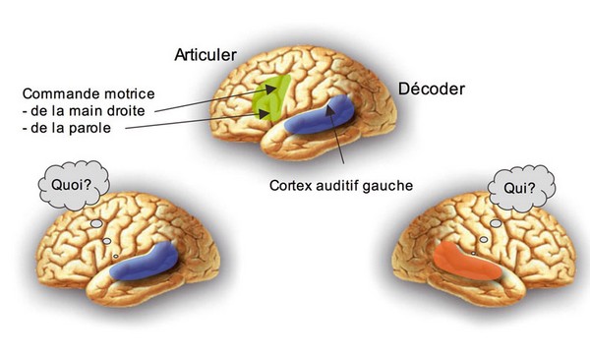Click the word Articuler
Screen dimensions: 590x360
tap(206, 55)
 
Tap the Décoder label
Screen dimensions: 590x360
tap(432, 89)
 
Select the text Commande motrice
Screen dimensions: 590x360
tap(88, 93)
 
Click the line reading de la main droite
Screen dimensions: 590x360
tap(84, 111)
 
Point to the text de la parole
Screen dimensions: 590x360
tap(67, 128)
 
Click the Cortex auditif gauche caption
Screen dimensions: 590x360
tap(341, 185)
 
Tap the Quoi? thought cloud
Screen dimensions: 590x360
tap(74, 185)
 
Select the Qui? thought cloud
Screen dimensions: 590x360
tap(521, 188)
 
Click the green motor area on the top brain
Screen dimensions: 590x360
tap(271, 98)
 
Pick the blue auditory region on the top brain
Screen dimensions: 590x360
tap(320, 116)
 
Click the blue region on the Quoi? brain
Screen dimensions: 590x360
tap(145, 262)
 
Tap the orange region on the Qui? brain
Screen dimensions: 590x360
tap(466, 262)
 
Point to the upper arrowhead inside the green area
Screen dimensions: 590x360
tap(271, 89)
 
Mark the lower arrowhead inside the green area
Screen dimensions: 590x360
tap(264, 112)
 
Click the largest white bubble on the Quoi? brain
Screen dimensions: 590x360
tap(96, 223)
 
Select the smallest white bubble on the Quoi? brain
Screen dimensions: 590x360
tap(116, 257)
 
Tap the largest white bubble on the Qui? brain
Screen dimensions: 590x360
tap(496, 223)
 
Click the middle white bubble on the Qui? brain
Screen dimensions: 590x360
tap(484, 239)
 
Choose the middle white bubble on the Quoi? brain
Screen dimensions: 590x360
tap(107, 241)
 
